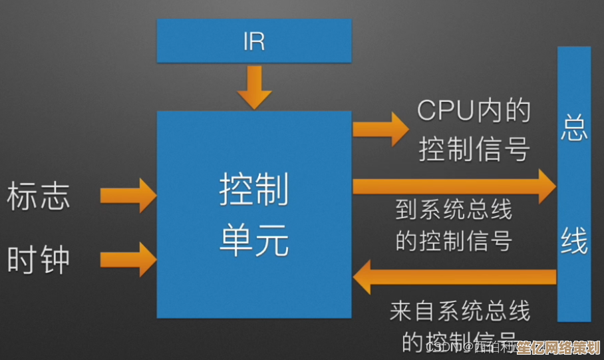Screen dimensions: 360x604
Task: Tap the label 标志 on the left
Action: [x=39, y=197]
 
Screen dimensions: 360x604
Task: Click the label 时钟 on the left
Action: [x=39, y=258]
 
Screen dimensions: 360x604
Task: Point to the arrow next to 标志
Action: [x=128, y=195]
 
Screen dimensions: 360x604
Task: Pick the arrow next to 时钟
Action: [x=128, y=258]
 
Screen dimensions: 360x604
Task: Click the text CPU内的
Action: [x=474, y=111]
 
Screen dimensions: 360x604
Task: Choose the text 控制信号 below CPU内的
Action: [x=474, y=150]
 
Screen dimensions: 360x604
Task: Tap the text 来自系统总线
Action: [x=460, y=310]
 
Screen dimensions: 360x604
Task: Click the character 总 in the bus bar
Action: [x=573, y=128]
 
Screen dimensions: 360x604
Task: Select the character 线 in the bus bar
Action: [x=573, y=241]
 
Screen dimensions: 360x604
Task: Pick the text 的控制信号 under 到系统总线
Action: [x=454, y=240]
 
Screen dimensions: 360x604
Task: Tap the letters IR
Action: [x=254, y=41]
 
